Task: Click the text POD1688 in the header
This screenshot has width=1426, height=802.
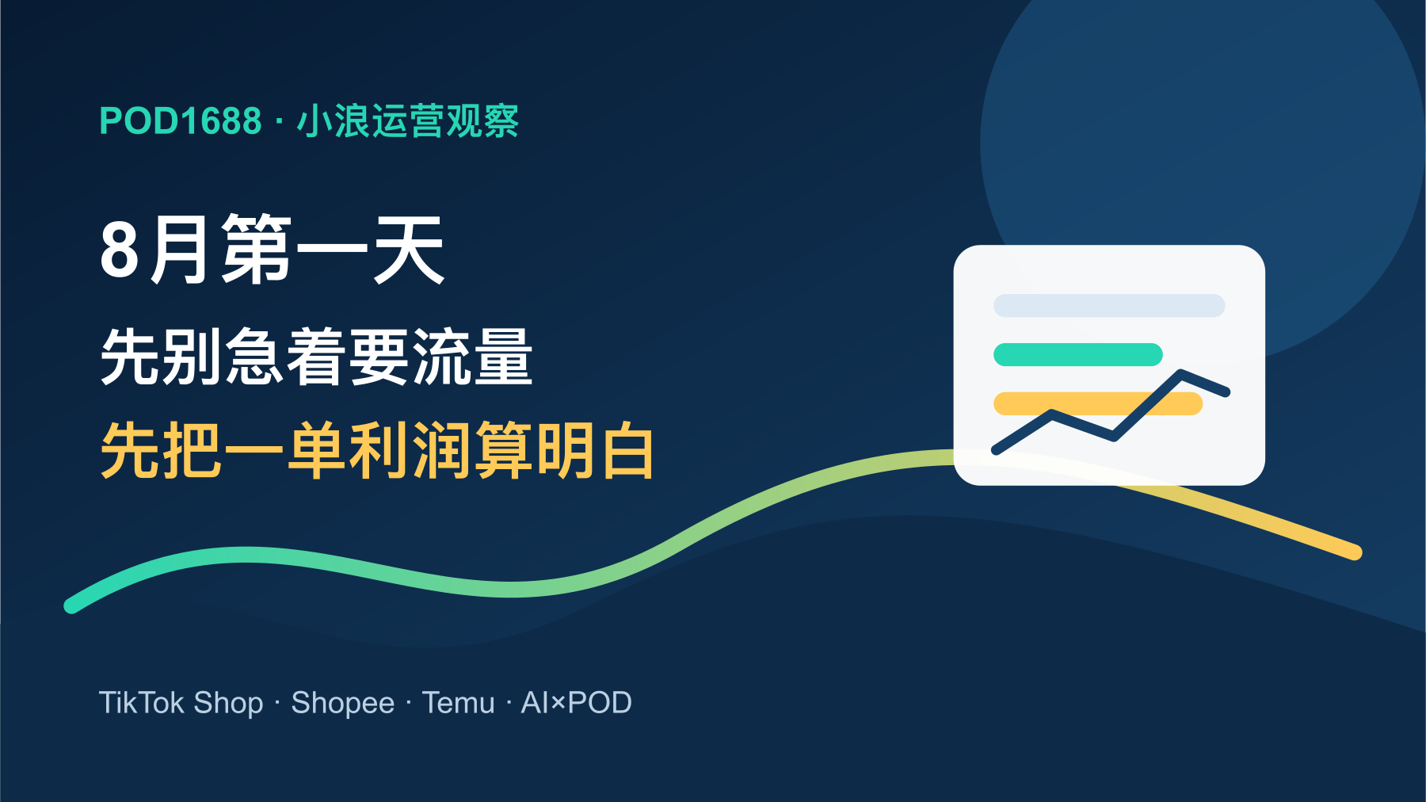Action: pos(181,121)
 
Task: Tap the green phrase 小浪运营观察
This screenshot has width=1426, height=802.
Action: pos(408,121)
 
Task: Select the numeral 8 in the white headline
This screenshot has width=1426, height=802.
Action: pos(120,250)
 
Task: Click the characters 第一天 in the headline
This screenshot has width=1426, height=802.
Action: pos(333,249)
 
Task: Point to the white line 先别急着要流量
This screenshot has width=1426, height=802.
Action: pos(317,357)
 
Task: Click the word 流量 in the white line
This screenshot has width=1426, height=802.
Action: pos(471,357)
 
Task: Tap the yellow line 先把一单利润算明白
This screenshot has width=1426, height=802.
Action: pos(377,450)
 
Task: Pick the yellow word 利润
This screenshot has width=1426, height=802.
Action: pos(410,450)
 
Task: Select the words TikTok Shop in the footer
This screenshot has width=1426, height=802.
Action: pos(181,703)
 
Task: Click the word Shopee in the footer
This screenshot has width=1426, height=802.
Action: pos(343,703)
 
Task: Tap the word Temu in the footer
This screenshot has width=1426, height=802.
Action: pos(458,703)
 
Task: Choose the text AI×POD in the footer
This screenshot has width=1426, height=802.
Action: pos(576,703)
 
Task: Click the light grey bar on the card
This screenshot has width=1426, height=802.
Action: pos(1109,306)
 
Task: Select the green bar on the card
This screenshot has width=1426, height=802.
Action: pos(1078,354)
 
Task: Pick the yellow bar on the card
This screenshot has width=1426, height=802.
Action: pos(1098,403)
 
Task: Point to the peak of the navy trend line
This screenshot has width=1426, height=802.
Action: pos(1180,373)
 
